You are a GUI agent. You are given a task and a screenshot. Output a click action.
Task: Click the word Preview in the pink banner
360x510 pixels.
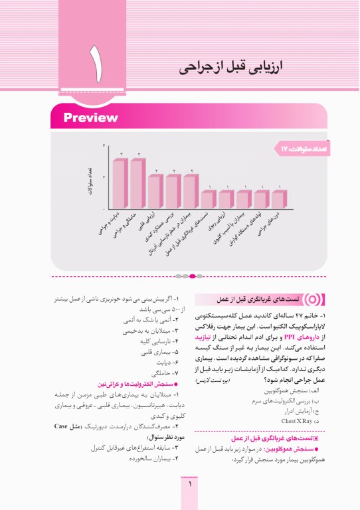pyautogui.click(x=90, y=118)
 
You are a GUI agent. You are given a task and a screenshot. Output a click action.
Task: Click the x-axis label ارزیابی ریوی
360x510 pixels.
pyautogui.click(x=226, y=223)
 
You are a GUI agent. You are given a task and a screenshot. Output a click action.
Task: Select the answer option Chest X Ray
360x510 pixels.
pyautogui.click(x=304, y=421)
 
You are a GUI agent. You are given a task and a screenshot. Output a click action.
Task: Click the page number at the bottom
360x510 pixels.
pyautogui.click(x=191, y=485)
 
